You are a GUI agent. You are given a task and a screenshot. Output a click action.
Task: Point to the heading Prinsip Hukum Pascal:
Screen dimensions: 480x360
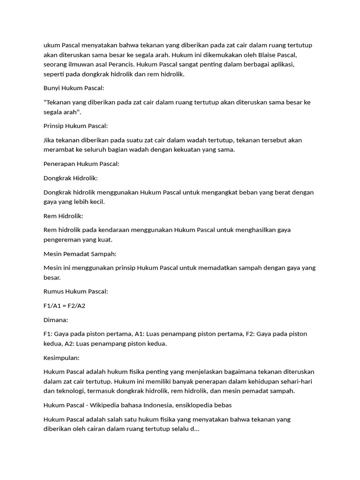tap(76, 126)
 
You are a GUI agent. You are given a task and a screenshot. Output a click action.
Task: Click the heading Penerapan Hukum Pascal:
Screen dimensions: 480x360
tap(82, 164)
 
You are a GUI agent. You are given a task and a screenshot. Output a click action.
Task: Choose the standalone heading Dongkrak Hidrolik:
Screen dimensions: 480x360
tap(70, 178)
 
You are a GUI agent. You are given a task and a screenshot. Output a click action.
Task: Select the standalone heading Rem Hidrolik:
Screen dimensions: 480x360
tap(63, 216)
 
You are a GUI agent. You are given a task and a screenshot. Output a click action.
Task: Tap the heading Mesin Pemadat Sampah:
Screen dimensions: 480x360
tap(80, 254)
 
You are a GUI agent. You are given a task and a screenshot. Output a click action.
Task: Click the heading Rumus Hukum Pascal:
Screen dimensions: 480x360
tap(76, 292)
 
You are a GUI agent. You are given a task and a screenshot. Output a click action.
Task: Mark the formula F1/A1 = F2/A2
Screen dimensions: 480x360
tap(65, 306)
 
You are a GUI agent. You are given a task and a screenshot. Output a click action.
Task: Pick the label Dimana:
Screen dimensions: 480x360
tap(56, 320)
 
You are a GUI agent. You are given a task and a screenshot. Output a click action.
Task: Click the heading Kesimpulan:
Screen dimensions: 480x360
tap(61, 358)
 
